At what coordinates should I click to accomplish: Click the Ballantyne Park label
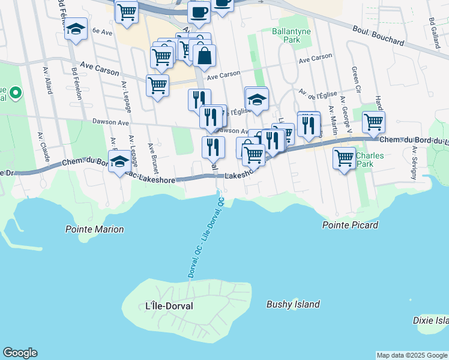pos(285,34)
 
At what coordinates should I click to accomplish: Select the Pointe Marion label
pos(94,229)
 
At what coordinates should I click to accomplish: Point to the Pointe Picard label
pos(350,225)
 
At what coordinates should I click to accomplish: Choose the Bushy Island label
pos(293,304)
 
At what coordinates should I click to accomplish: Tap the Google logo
pos(20,353)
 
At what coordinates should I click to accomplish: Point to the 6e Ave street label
pos(103,31)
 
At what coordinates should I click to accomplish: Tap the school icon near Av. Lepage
pos(120,161)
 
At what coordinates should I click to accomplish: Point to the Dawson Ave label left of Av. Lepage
pos(110,122)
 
